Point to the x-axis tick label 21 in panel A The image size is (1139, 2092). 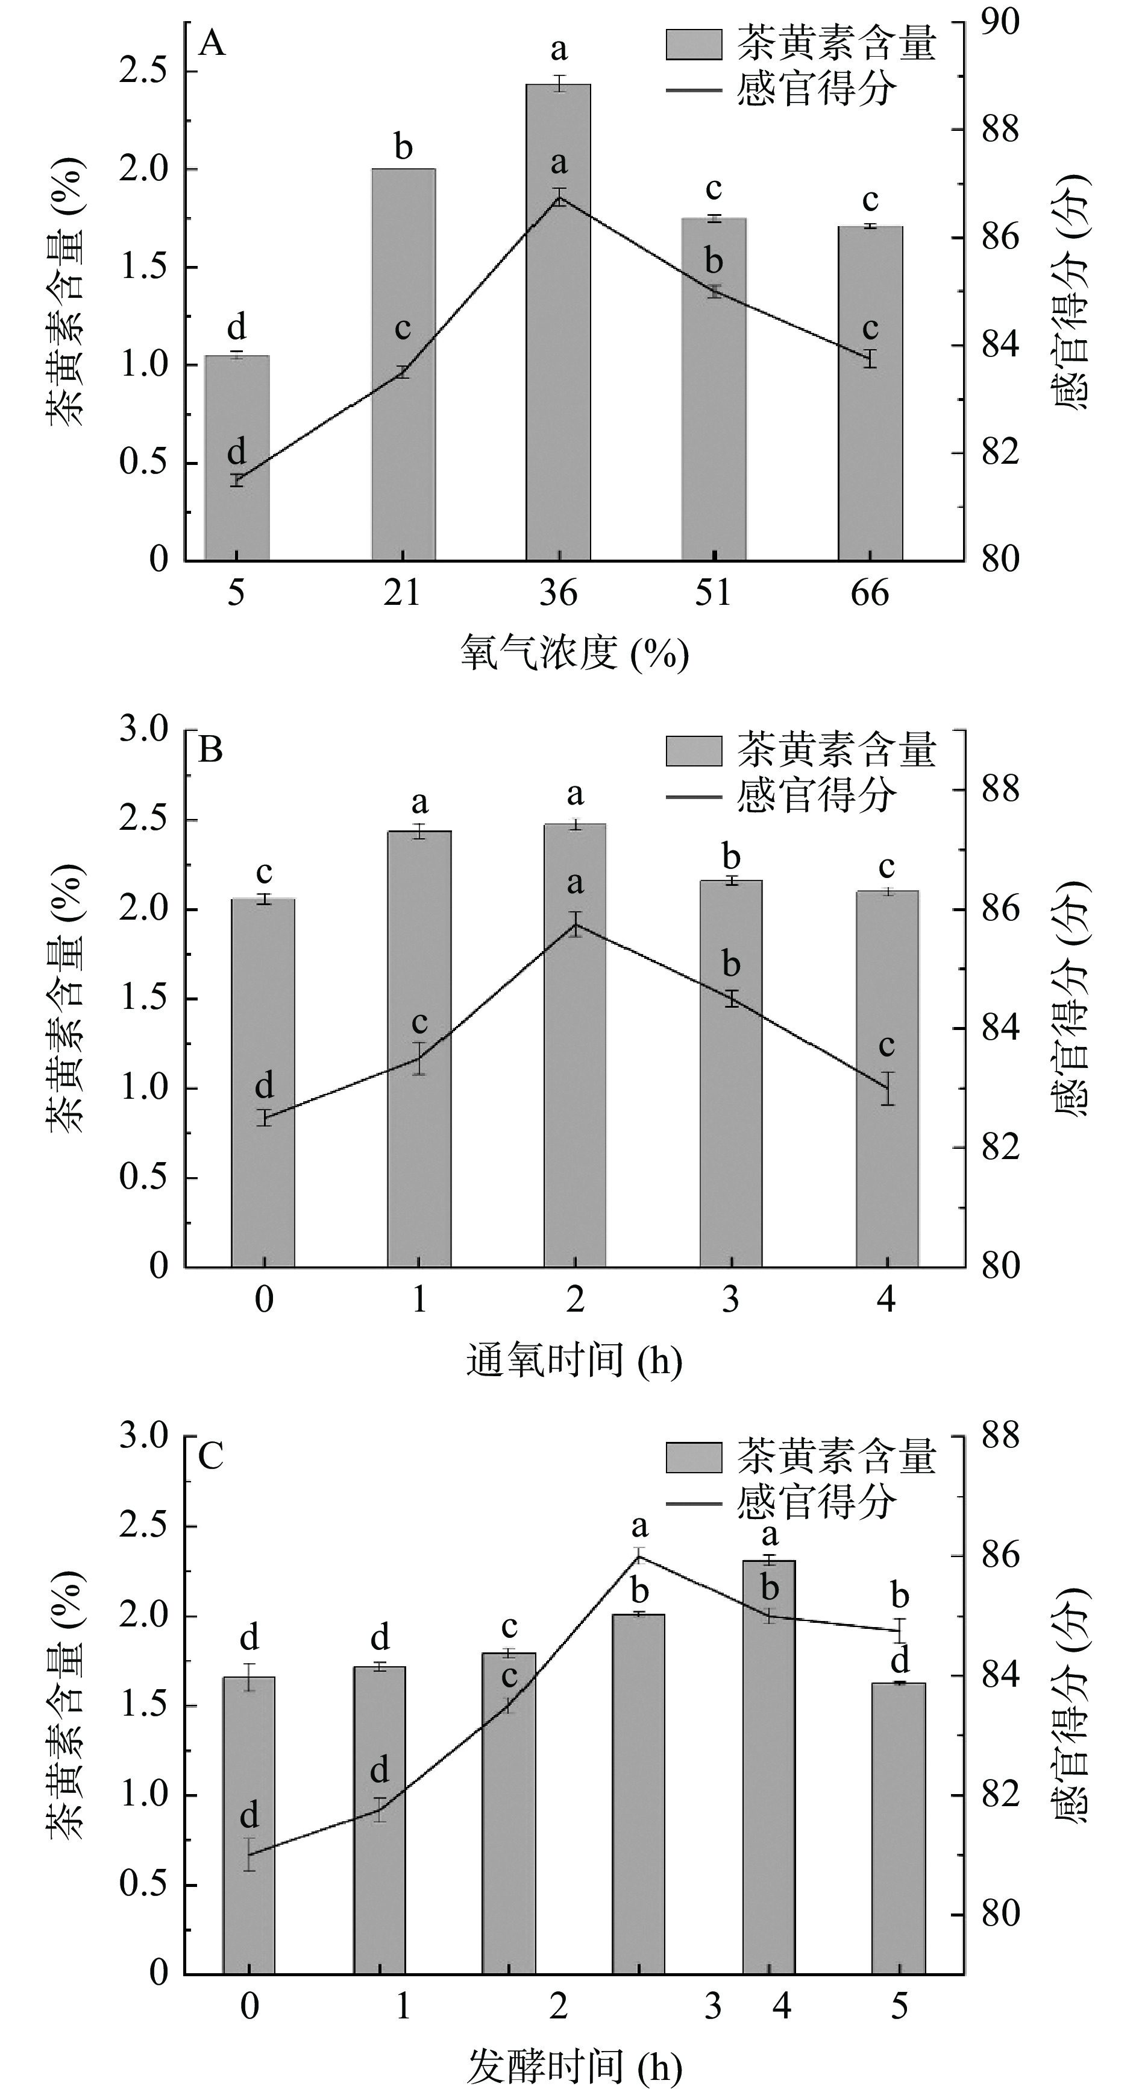click(403, 593)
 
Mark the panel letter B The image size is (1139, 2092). click(210, 750)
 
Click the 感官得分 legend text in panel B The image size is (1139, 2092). click(816, 796)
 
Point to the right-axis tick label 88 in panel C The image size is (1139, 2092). click(999, 1436)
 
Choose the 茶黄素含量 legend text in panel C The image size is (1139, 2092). click(836, 1458)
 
